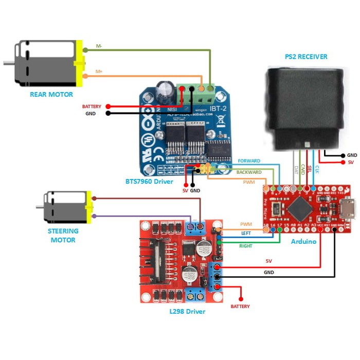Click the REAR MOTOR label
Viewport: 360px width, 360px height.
pyautogui.click(x=51, y=94)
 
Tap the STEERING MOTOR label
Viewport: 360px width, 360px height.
pyautogui.click(x=63, y=236)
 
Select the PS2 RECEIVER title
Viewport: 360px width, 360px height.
pyautogui.click(x=306, y=57)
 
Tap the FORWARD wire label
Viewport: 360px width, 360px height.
pyautogui.click(x=249, y=161)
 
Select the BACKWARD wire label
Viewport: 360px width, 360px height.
pyautogui.click(x=249, y=172)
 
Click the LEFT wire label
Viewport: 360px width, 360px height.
pyautogui.click(x=246, y=233)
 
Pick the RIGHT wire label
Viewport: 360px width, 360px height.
pyautogui.click(x=246, y=246)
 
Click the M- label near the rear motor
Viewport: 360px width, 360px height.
pyautogui.click(x=99, y=46)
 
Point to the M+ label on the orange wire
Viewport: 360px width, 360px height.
pyautogui.click(x=99, y=71)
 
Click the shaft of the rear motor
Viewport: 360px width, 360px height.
pyautogui.click(x=8, y=63)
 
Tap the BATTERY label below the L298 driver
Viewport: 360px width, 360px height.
pyautogui.click(x=240, y=306)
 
